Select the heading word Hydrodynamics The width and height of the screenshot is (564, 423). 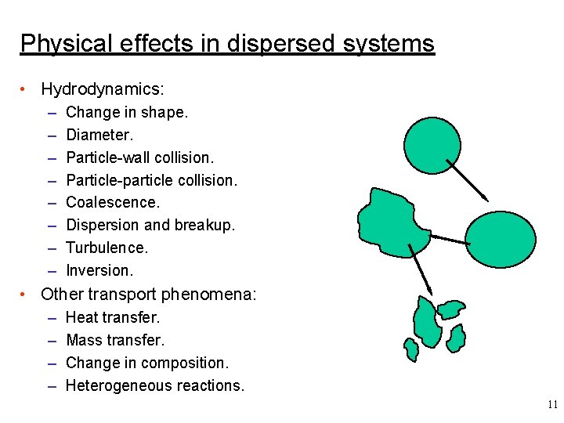point(103,89)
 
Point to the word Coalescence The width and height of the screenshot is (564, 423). point(113,202)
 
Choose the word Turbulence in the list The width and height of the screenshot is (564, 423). point(107,248)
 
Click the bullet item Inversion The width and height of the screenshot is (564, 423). point(99,270)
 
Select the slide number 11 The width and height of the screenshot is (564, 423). point(552,404)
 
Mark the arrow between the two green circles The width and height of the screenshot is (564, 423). point(467,179)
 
